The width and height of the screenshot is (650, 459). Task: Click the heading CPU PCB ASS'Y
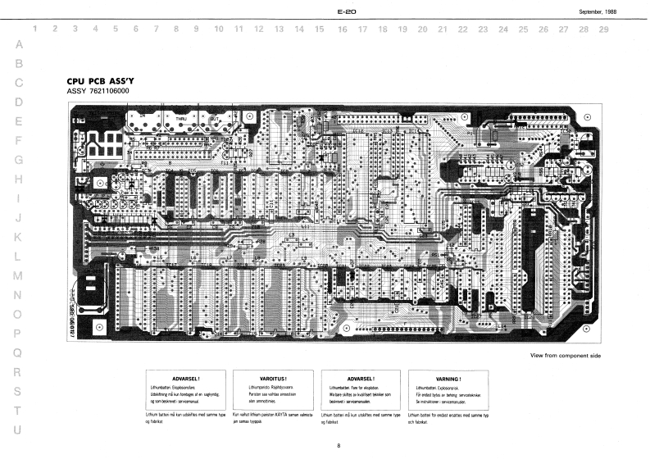pos(99,82)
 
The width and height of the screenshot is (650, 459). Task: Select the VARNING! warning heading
pos(449,379)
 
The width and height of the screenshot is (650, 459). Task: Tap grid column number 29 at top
pos(603,30)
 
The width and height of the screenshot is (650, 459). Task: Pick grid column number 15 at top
pos(320,30)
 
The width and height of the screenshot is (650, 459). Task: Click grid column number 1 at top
pos(34,30)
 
